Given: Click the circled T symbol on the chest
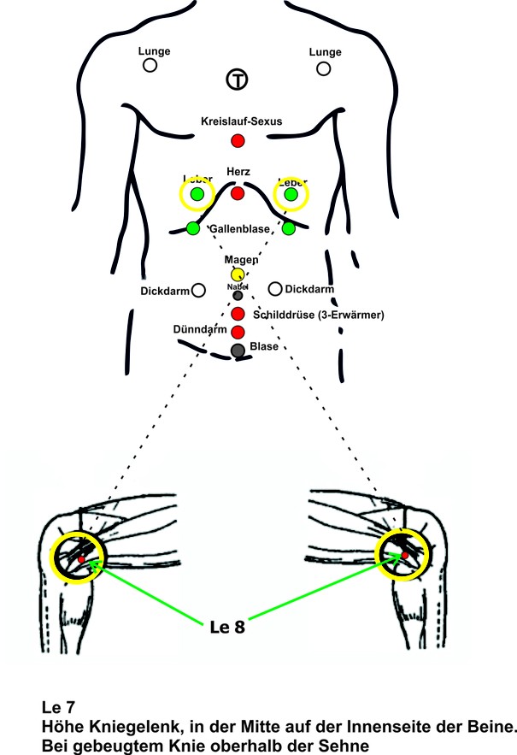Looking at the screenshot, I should coord(237,80).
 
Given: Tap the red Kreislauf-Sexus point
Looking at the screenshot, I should coord(238,140).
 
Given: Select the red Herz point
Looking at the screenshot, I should coord(238,194).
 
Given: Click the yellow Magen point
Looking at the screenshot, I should coord(238,274).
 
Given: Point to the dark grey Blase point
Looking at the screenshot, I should coord(238,350).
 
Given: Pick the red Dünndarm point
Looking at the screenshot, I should coord(238,332).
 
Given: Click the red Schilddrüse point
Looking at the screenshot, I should coord(238,315).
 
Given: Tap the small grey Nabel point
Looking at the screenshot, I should coord(238,296).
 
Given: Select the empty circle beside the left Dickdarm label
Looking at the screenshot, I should coord(198,291).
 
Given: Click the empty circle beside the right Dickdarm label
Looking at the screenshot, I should coord(276,289).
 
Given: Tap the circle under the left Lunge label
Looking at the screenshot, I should coord(150,65).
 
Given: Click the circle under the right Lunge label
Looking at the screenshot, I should coord(325,65).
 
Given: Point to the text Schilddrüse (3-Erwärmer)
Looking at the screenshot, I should coord(319,316).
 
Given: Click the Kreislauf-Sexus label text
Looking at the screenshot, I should coord(241,121).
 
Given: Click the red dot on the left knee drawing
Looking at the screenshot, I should coord(82,559).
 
